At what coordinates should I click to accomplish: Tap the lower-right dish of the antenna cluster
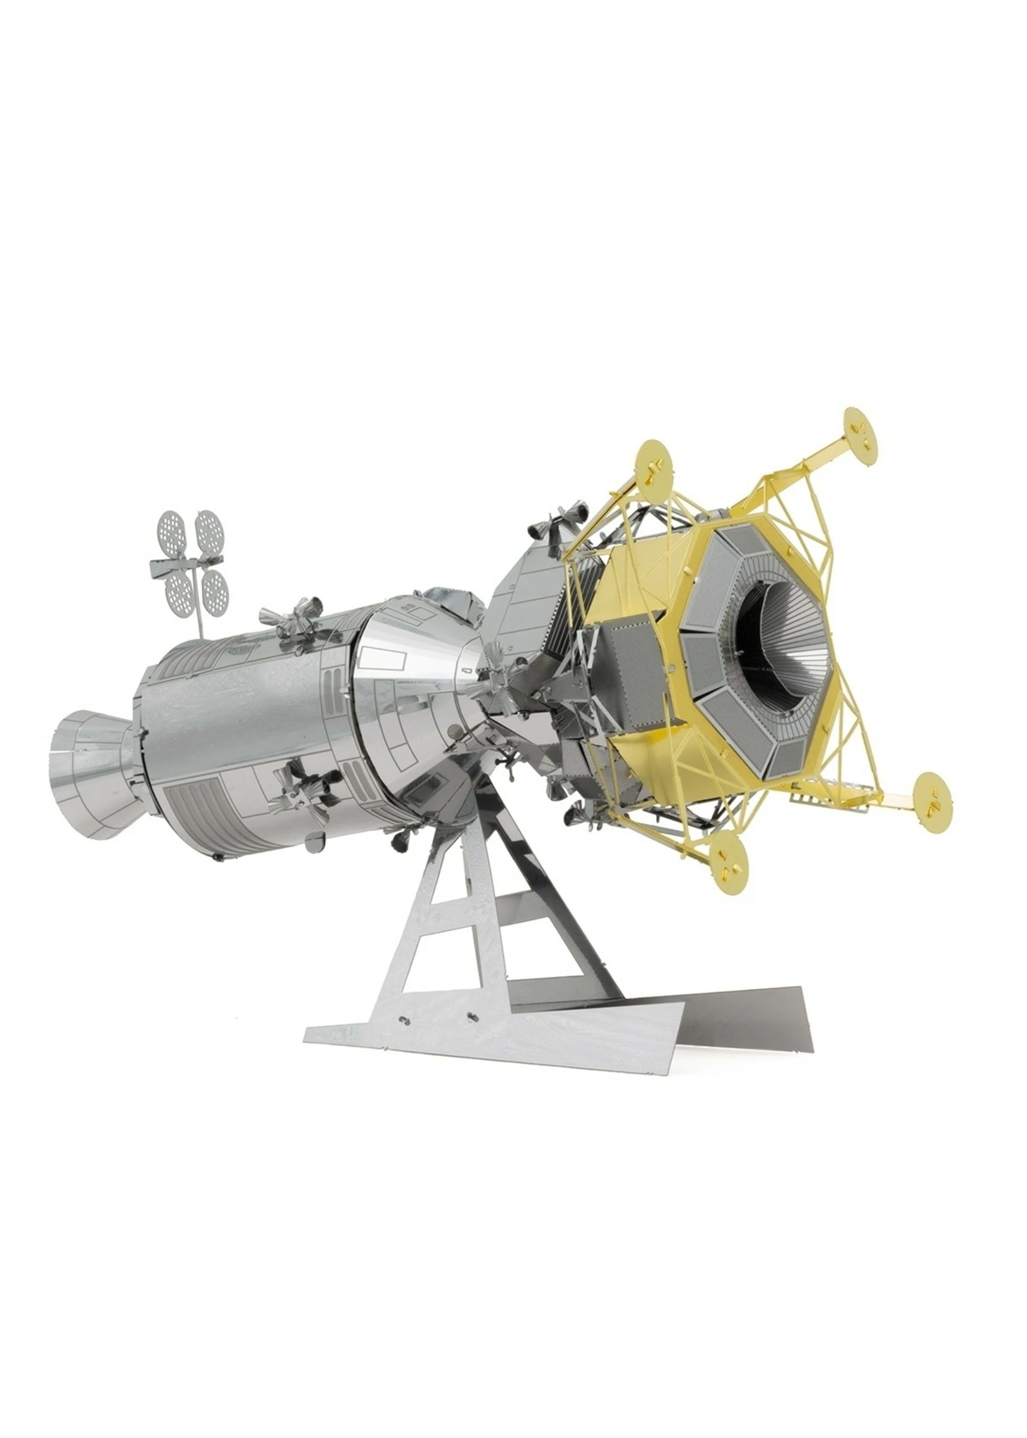[x=215, y=588]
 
